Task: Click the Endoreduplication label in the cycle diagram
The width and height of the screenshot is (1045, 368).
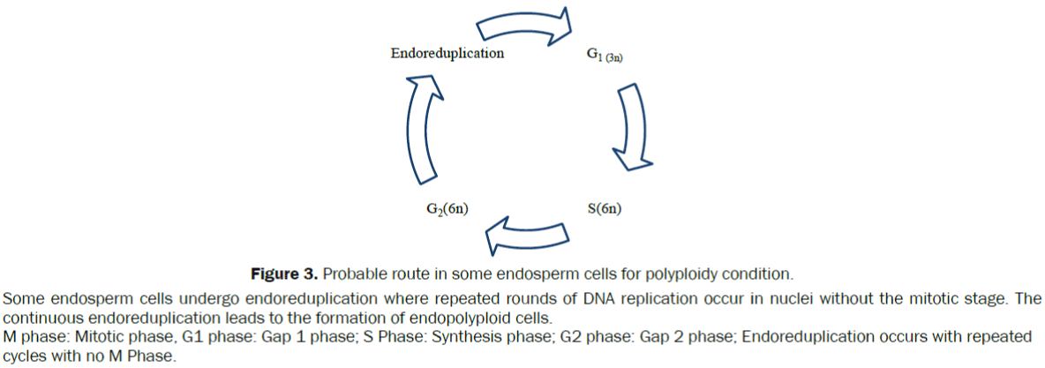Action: pos(447,53)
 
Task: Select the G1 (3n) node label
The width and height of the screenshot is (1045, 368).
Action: pos(605,55)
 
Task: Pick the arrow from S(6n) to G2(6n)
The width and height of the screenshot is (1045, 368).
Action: pos(526,234)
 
